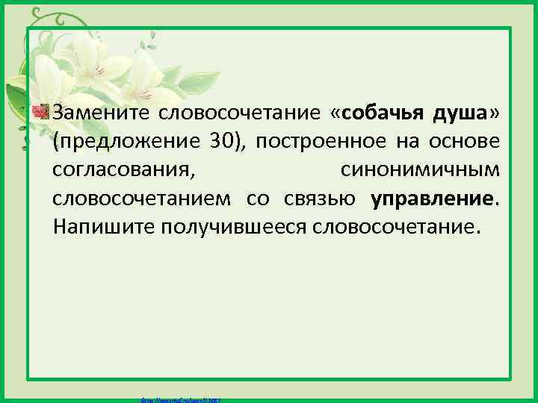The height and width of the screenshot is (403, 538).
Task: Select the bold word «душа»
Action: pos(460,113)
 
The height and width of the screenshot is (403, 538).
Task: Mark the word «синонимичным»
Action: pos(421,171)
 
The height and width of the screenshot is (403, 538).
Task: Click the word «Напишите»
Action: pos(103,228)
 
